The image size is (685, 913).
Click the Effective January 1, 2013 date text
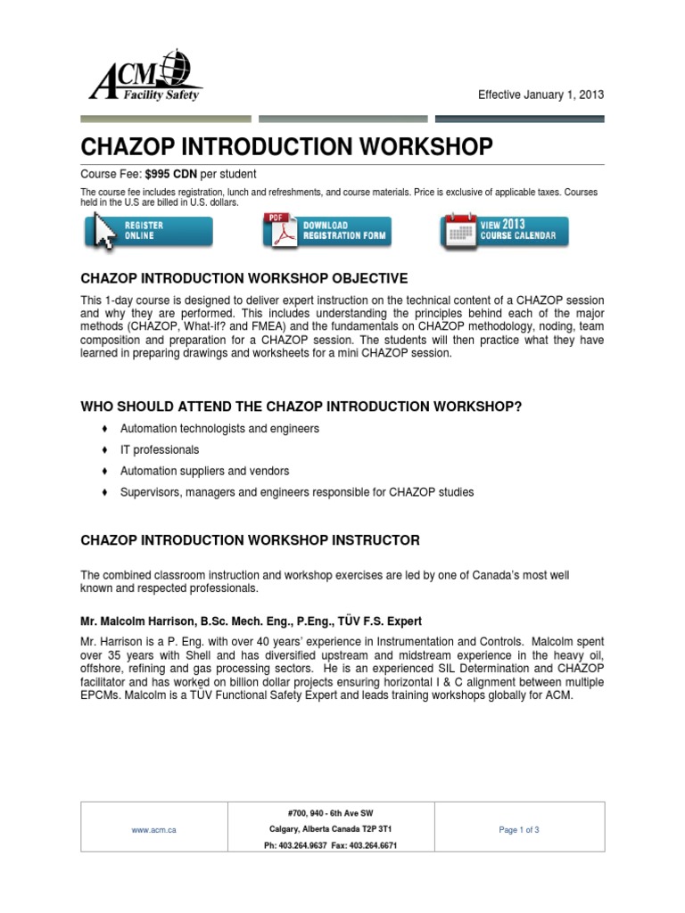(x=546, y=95)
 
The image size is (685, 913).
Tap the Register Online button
(x=148, y=231)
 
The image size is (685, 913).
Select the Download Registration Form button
(x=326, y=231)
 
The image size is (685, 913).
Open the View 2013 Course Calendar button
(x=504, y=231)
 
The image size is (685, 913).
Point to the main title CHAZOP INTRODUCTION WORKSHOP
(x=286, y=147)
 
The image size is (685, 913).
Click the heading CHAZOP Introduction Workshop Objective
(x=244, y=278)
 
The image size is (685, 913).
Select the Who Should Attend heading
(x=301, y=407)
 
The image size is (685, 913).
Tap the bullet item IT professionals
(x=160, y=449)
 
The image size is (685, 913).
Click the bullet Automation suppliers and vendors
(x=204, y=471)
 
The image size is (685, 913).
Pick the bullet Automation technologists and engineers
(x=219, y=429)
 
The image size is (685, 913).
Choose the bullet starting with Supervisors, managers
(x=297, y=492)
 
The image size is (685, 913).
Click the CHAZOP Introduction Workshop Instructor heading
(x=250, y=540)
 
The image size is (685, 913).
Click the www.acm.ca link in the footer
(x=153, y=829)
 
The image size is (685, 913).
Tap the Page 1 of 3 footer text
(x=519, y=829)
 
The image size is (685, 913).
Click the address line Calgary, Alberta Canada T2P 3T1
(x=331, y=829)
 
